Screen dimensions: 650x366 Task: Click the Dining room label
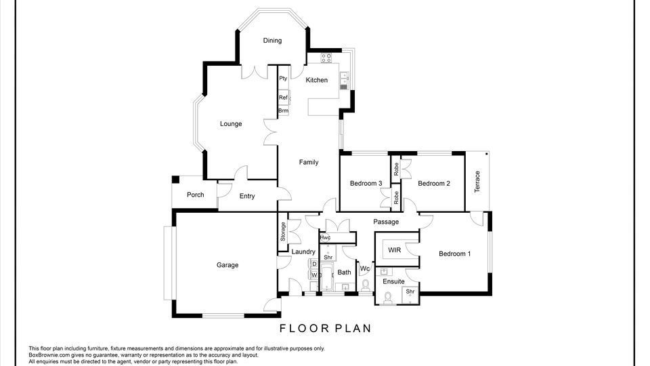coord(272,40)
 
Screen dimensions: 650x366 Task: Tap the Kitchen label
coord(317,80)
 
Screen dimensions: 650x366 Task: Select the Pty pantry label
coord(283,79)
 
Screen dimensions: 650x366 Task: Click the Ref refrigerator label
coord(283,98)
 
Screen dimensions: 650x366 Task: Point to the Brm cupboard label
coord(283,110)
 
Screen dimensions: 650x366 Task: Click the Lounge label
coord(231,124)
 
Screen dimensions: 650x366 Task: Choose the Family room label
coord(309,162)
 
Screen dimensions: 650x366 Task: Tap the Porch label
coord(195,195)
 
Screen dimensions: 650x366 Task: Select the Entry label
coord(247,197)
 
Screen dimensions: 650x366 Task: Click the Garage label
coord(227,265)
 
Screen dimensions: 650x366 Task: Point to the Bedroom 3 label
coord(366,184)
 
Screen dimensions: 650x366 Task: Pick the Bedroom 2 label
coord(434,184)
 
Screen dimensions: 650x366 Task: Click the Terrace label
coord(477,182)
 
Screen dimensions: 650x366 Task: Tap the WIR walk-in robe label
coord(395,250)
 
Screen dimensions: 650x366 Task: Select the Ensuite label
coord(393,281)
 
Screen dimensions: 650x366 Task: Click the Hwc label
coord(326,238)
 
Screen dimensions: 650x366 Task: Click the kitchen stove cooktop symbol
coord(326,58)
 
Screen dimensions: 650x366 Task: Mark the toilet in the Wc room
coord(366,285)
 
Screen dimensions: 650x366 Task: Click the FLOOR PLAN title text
coord(326,329)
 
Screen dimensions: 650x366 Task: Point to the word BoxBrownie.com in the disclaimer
coord(47,355)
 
